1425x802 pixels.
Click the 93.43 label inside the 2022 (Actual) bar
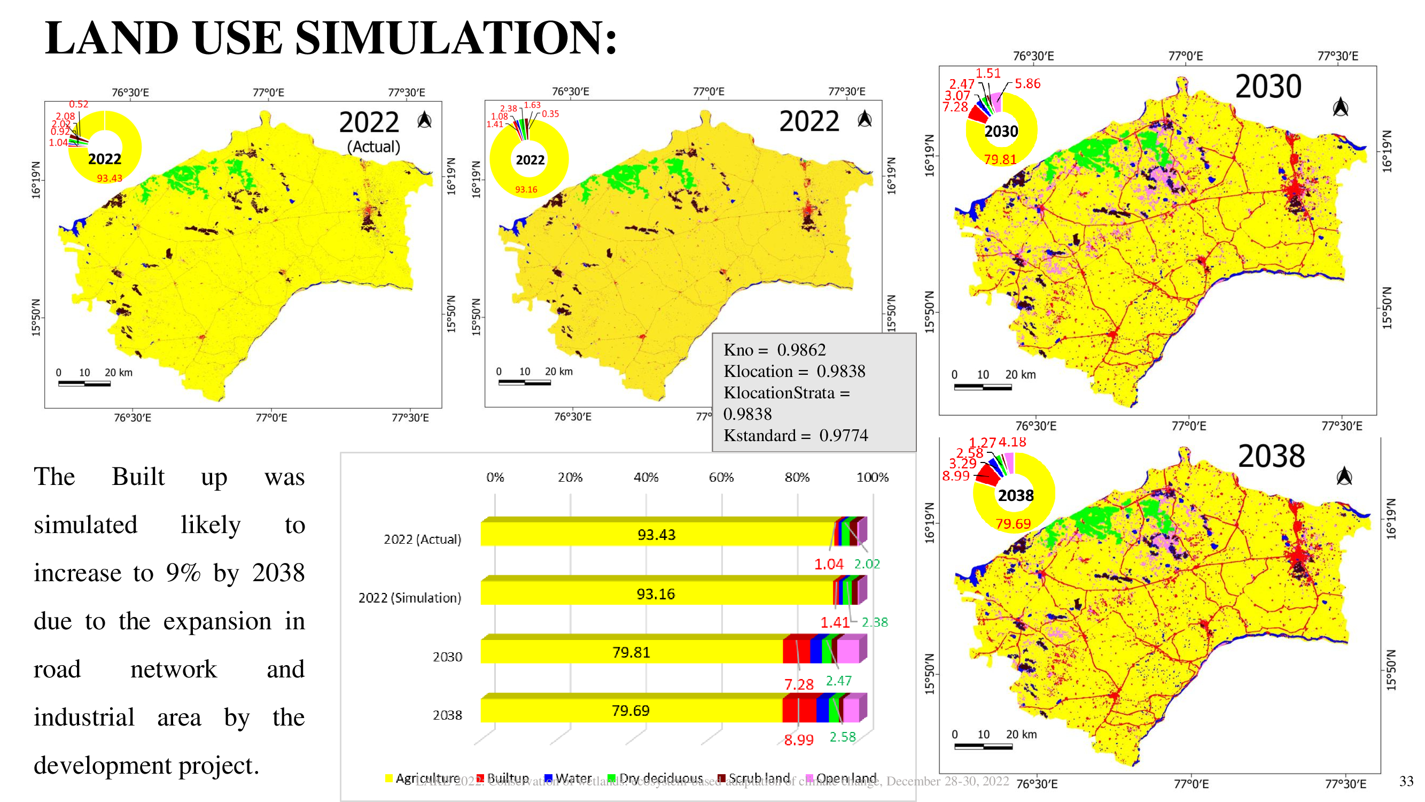click(656, 535)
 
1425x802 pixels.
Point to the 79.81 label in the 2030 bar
click(630, 652)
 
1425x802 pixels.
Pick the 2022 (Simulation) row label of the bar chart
click(409, 598)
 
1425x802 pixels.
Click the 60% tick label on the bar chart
click(721, 477)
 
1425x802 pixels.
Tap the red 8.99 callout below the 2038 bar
click(798, 740)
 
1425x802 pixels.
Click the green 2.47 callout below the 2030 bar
click(838, 680)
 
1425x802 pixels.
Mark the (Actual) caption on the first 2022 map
click(373, 146)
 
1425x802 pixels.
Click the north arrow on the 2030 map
click(1340, 107)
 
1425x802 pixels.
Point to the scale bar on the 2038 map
click(983, 746)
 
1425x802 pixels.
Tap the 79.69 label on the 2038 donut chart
click(1013, 523)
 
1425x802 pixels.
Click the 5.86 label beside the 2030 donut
click(1027, 83)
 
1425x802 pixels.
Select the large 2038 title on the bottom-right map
click(1271, 456)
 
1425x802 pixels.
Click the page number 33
click(1406, 781)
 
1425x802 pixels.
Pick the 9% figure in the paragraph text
click(183, 573)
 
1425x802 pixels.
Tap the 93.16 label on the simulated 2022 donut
click(526, 189)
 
